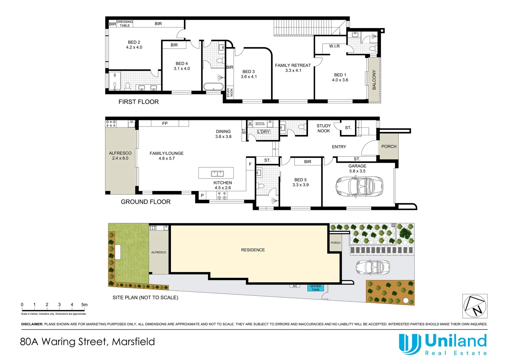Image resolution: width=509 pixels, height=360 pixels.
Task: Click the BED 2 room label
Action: point(134,42)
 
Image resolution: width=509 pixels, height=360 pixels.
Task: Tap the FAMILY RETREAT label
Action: point(293,65)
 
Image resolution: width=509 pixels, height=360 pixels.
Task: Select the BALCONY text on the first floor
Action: point(374,80)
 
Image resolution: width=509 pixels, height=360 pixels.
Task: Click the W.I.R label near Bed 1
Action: point(334,46)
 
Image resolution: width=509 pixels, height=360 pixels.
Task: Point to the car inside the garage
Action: point(359,186)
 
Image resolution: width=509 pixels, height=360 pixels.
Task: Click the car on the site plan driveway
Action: point(373,267)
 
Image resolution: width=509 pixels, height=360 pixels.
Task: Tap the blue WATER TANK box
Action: point(315,288)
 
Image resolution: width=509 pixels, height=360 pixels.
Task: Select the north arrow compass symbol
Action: point(475,306)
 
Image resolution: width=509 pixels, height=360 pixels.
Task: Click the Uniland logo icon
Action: point(410,344)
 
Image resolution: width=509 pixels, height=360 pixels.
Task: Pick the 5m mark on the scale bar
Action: point(84,305)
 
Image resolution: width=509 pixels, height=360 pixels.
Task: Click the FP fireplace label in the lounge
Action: point(165,123)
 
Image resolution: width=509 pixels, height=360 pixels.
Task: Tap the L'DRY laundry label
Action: point(263,132)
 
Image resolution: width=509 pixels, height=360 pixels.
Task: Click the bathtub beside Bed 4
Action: point(213,87)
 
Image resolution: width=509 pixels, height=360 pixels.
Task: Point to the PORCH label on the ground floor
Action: point(389,147)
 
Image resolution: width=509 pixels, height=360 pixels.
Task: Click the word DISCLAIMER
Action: point(32,324)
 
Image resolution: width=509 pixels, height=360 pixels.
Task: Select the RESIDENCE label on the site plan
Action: point(253,250)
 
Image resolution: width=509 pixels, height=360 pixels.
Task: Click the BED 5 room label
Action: point(300,180)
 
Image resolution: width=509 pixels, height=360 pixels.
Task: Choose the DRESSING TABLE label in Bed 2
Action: point(125,24)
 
